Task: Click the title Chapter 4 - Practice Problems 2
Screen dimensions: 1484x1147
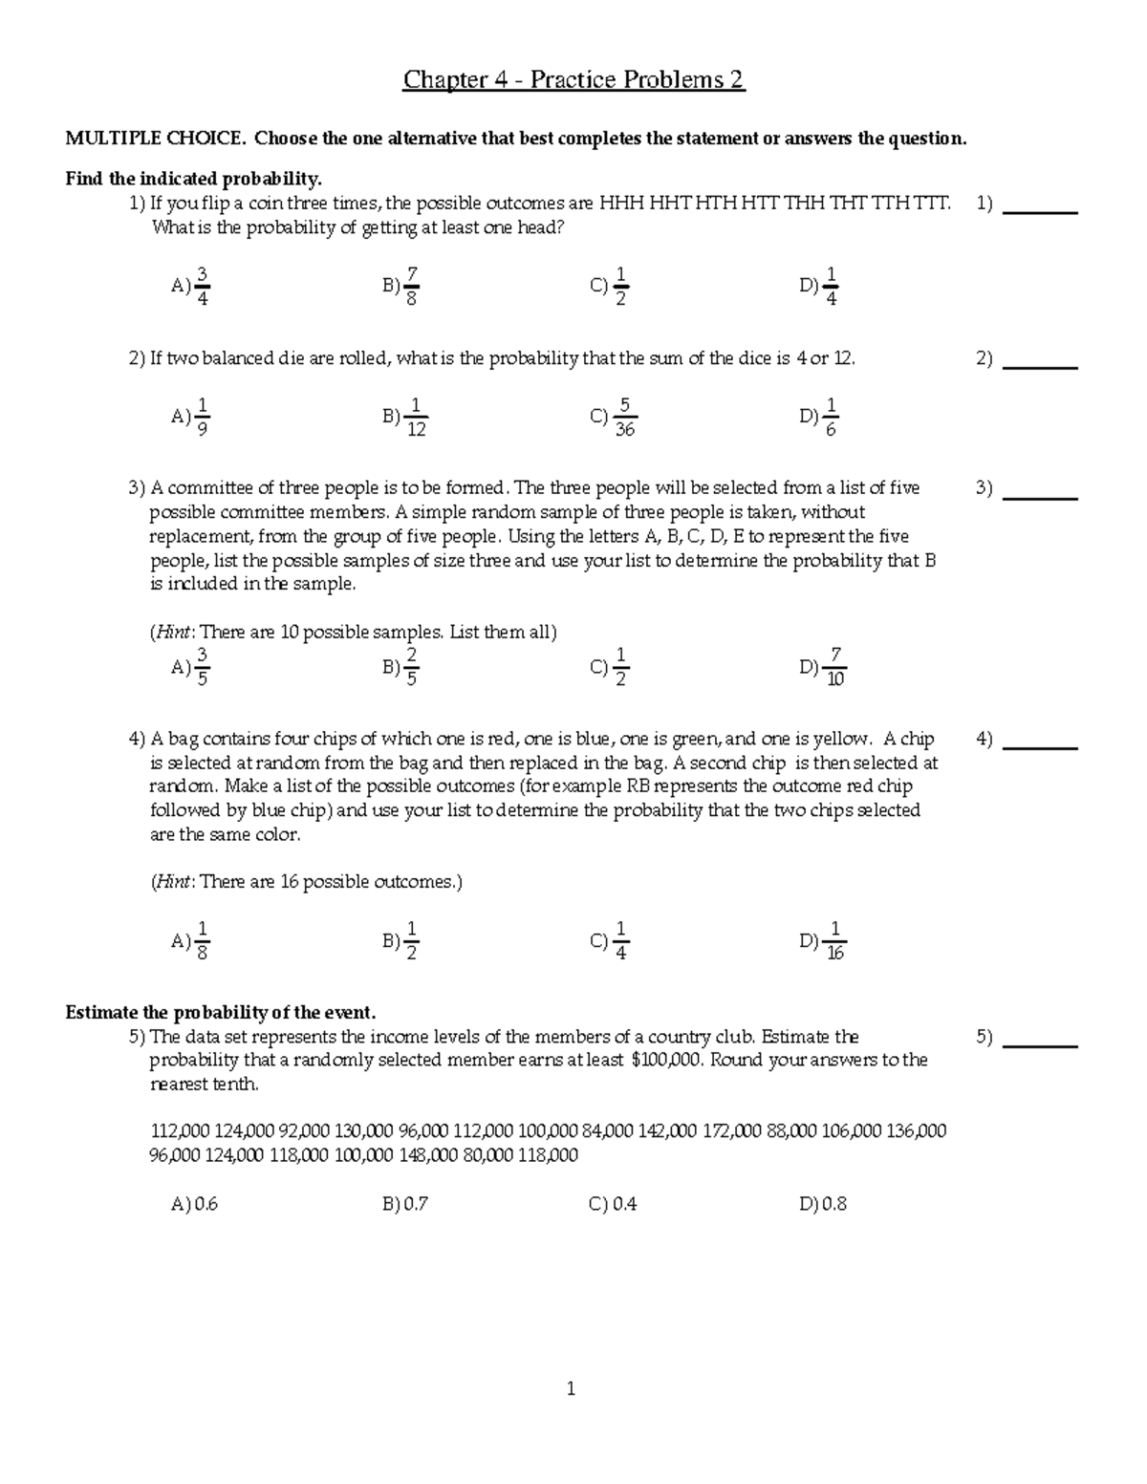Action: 573,79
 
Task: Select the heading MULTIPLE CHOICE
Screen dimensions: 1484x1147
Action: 153,139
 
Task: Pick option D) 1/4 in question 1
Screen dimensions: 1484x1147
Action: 820,286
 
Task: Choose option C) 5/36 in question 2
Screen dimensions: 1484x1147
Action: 614,417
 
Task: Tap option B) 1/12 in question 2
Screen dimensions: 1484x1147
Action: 404,417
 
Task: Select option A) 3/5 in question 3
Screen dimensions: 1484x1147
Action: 191,667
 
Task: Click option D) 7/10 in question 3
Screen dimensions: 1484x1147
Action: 823,667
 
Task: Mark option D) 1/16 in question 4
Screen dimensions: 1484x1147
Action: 823,941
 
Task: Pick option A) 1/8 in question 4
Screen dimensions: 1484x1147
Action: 191,941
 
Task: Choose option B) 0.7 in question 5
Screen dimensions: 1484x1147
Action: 404,1204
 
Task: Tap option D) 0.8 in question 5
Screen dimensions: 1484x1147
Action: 823,1204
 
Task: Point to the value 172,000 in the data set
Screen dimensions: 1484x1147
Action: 732,1131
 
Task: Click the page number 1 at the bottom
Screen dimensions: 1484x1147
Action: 571,1389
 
